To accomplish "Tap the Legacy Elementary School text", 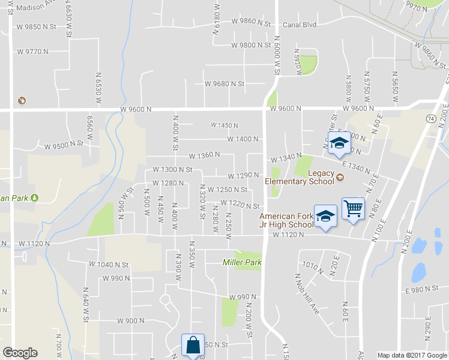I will pyautogui.click(x=304, y=177).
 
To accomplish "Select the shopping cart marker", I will pyautogui.click(x=353, y=209).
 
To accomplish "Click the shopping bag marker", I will pyautogui.click(x=193, y=345).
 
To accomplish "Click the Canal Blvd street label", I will pyautogui.click(x=299, y=25).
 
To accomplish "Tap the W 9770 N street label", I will pyautogui.click(x=32, y=52).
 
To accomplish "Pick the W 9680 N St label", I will pyautogui.click(x=224, y=84).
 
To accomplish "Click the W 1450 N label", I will pyautogui.click(x=224, y=125).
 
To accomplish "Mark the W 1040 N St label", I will pyautogui.click(x=108, y=265).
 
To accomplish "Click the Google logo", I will pyautogui.click(x=20, y=353).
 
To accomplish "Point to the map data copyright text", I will pyautogui.click(x=412, y=355).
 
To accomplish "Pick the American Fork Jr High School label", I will pyautogui.click(x=287, y=220).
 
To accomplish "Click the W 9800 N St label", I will pyautogui.click(x=251, y=45).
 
